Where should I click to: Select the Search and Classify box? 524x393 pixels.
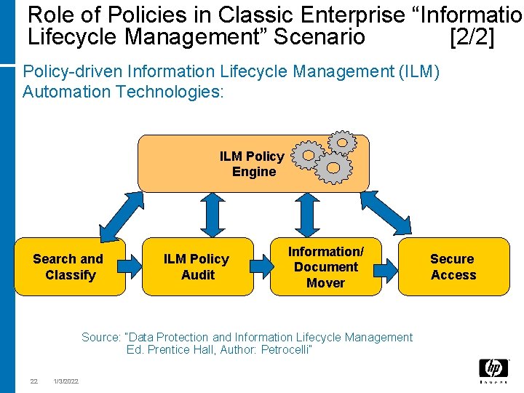69,266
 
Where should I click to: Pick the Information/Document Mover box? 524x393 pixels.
325,266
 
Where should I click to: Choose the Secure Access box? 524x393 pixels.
453,266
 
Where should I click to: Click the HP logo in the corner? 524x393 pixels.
493,370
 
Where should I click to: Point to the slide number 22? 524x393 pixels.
33,381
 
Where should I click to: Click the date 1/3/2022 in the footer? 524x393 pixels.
66,381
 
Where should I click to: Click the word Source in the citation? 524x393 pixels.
101,337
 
